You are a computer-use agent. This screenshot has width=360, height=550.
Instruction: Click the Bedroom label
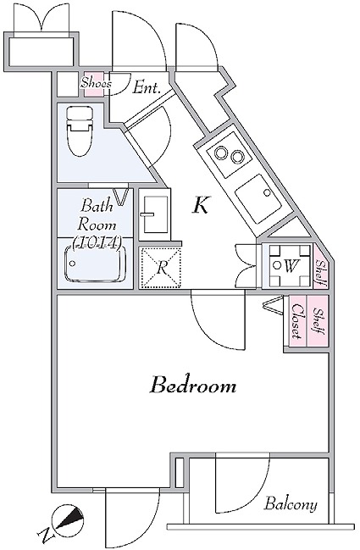pos(193,386)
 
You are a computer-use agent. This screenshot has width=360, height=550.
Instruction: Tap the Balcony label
pos(291,505)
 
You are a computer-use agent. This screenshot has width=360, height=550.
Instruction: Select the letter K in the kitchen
pos(201,205)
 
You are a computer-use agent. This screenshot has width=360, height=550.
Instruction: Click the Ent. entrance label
pos(147,87)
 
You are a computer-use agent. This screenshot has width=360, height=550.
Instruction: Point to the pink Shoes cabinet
pos(94,84)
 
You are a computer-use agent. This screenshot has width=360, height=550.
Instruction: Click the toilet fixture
pos(80,131)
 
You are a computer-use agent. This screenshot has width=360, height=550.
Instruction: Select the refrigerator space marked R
pos(161,268)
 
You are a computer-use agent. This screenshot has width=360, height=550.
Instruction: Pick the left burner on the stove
pos(222,153)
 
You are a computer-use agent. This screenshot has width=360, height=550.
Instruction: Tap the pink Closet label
pos(296,321)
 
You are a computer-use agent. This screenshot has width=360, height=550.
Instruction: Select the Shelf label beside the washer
pos(320,271)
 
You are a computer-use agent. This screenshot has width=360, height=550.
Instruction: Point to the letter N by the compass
pos(46,536)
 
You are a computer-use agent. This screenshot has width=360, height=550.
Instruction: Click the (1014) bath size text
pos(97,242)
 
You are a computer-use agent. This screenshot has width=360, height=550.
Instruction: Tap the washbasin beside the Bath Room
pos(154,214)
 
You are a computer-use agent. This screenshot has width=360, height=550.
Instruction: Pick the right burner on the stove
pos(237,156)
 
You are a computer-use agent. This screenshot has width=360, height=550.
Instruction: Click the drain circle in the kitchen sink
pos(267,192)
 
